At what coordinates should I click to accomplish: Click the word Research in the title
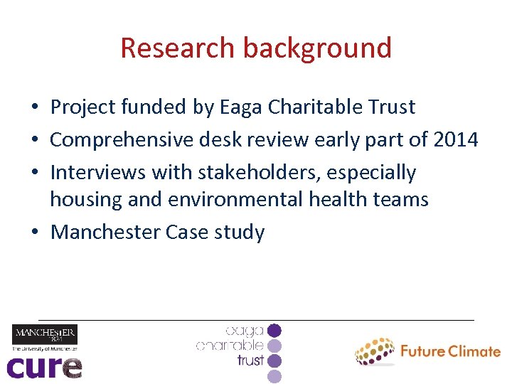click(x=178, y=48)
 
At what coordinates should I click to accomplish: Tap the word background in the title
click(x=317, y=48)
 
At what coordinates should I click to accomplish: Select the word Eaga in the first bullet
click(x=241, y=107)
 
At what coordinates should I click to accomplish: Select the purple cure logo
click(x=44, y=367)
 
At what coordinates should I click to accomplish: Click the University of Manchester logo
click(x=44, y=337)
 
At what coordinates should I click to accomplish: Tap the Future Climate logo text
click(x=450, y=351)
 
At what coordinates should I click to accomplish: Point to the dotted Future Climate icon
click(x=374, y=351)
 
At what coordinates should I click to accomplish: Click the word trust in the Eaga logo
click(x=251, y=361)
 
